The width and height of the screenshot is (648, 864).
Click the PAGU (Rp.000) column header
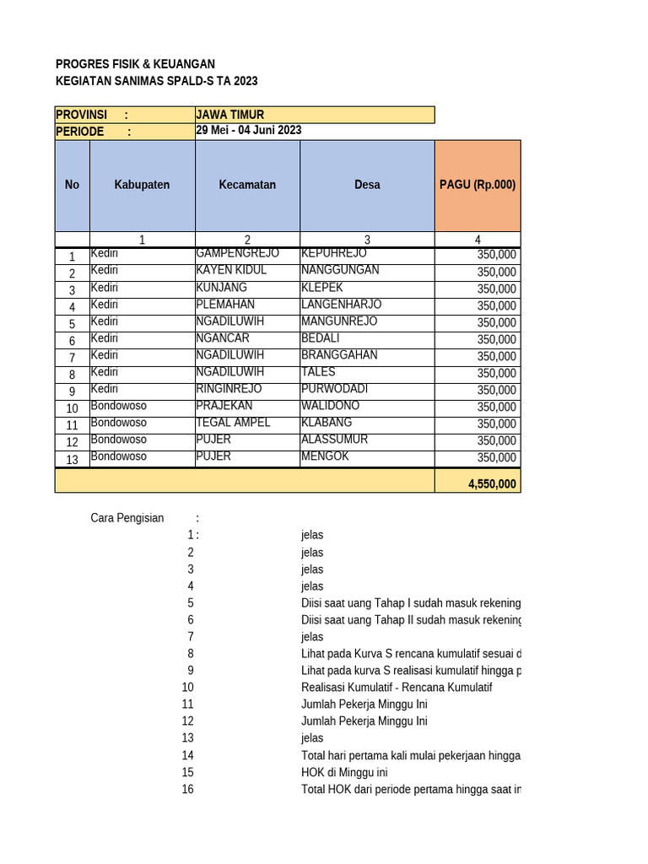478,185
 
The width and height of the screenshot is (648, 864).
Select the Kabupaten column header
142,185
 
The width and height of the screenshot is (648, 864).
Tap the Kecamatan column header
247,185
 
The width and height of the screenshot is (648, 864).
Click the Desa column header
367,185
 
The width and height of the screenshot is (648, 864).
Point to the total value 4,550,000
491,484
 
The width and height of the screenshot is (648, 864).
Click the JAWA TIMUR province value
230,115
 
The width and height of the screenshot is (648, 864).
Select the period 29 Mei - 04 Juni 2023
248,131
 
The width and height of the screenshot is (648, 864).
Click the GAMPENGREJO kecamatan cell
237,254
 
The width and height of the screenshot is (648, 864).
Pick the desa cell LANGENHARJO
341,305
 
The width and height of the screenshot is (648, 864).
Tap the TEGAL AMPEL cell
233,423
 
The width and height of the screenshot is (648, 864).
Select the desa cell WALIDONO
330,406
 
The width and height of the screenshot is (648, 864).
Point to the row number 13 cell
72,459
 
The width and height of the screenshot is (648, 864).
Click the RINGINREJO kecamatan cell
229,389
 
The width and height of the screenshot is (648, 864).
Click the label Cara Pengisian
127,518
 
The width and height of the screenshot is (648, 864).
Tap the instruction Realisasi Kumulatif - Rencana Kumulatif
396,687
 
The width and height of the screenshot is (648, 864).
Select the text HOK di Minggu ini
344,772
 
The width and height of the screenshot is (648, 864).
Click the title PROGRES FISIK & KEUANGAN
135,64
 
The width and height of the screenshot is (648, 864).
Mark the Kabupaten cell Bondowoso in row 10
118,406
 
